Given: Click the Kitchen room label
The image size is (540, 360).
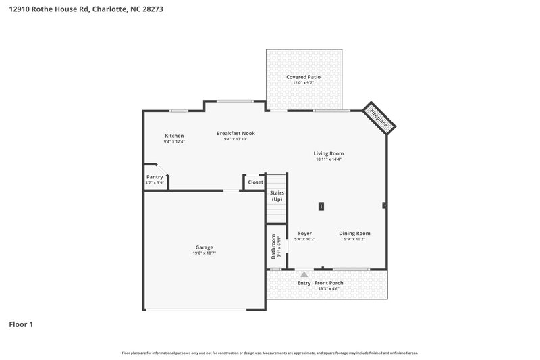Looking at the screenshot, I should pyautogui.click(x=174, y=136).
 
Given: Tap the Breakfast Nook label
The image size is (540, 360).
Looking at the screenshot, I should pyautogui.click(x=236, y=133).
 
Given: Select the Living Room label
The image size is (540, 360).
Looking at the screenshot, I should pyautogui.click(x=329, y=153).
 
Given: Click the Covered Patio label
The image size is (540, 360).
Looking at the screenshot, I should pyautogui.click(x=303, y=77).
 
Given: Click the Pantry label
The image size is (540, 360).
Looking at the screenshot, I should pyautogui.click(x=155, y=177).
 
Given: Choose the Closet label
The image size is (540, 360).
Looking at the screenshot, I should pyautogui.click(x=255, y=182).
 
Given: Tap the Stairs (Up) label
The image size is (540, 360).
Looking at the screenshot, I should pyautogui.click(x=277, y=196).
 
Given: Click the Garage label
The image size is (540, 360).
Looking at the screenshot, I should pyautogui.click(x=204, y=247).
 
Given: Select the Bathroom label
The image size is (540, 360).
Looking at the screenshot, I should pyautogui.click(x=273, y=247).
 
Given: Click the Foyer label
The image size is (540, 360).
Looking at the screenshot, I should pyautogui.click(x=304, y=234).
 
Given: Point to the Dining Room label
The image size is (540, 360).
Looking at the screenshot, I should pyautogui.click(x=354, y=234).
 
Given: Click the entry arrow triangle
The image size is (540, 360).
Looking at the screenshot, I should pyautogui.click(x=304, y=274).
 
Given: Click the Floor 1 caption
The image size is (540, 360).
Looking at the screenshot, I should pyautogui.click(x=20, y=324).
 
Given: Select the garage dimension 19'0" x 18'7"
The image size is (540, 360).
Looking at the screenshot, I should pyautogui.click(x=204, y=253).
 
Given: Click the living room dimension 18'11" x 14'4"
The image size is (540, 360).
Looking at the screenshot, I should pyautogui.click(x=329, y=159).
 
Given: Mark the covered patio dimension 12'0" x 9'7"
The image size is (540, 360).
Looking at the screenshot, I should pyautogui.click(x=303, y=83).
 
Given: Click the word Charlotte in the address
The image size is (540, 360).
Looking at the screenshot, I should pyautogui.click(x=107, y=10).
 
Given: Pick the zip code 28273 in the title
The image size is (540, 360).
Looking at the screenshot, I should pyautogui.click(x=151, y=10).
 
